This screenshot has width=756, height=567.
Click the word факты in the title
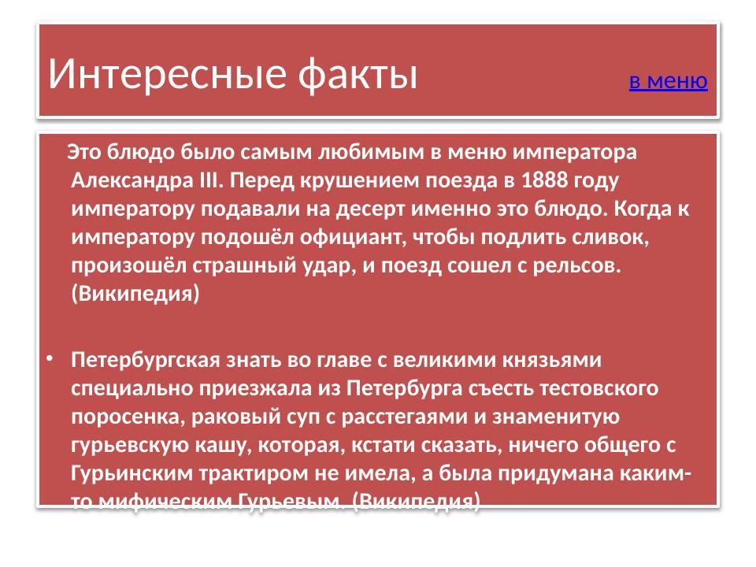[x=358, y=74]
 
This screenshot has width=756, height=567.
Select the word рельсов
[x=576, y=265]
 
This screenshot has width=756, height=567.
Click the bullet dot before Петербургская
[x=49, y=360]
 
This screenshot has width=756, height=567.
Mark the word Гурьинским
[x=125, y=473]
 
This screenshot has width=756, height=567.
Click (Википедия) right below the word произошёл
[x=135, y=294]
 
